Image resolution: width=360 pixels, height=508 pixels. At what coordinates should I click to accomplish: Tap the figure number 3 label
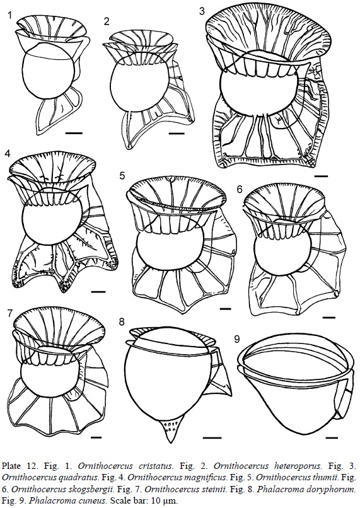click(202, 11)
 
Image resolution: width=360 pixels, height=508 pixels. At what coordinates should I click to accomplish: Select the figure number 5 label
click(122, 176)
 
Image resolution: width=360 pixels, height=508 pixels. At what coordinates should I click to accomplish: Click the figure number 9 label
click(237, 339)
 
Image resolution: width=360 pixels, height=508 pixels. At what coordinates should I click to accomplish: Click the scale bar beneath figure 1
click(72, 133)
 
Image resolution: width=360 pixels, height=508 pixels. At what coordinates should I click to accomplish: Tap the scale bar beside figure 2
click(177, 133)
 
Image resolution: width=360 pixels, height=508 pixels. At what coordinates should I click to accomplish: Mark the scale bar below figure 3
click(321, 176)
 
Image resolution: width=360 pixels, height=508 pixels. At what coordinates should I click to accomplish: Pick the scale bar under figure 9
click(330, 438)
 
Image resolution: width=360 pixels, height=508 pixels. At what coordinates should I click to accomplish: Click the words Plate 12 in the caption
click(15, 467)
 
